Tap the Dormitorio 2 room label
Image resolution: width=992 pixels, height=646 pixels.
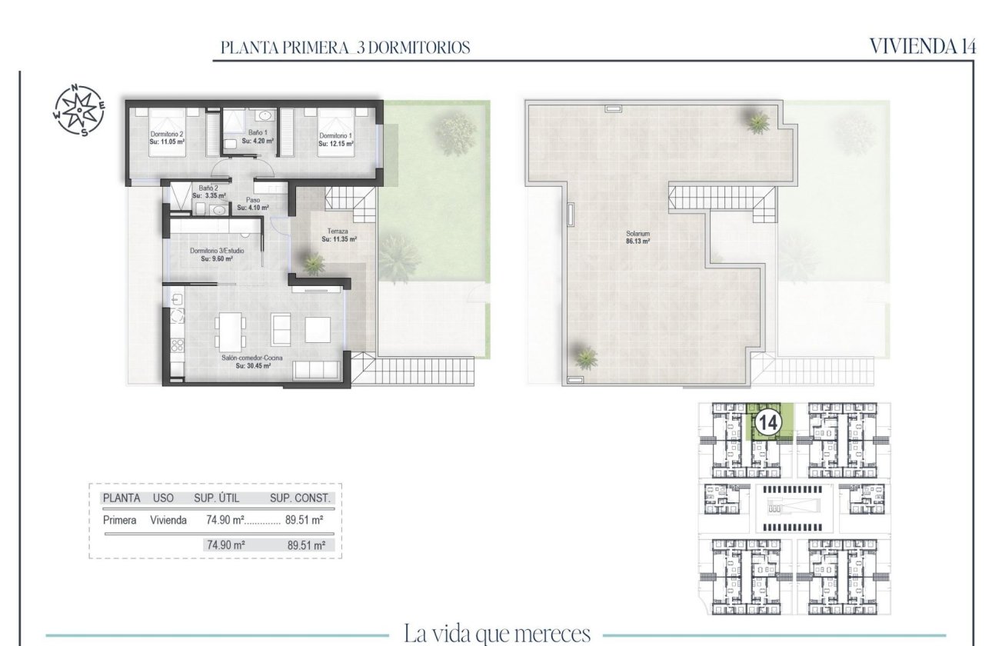pos(166,134)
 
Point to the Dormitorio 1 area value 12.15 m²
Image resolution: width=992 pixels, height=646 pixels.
pos(337,144)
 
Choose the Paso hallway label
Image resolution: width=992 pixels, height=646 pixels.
pos(252,199)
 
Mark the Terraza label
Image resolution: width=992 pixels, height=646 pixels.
pos(338,230)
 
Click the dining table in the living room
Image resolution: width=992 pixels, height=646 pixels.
pos(228,331)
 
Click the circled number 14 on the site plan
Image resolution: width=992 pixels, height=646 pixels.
pos(768,421)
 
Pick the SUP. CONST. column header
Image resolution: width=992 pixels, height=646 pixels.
pos(300,498)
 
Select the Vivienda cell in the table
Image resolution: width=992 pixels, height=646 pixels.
pos(168,520)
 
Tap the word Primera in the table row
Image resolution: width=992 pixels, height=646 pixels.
pos(119,520)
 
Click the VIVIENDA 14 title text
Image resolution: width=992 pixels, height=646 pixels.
pos(923,46)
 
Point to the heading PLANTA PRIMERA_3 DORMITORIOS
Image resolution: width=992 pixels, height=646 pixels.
pos(345,48)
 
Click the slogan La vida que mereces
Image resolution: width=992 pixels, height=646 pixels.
pos(497,634)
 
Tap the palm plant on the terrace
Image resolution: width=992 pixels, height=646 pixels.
pos(313,264)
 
